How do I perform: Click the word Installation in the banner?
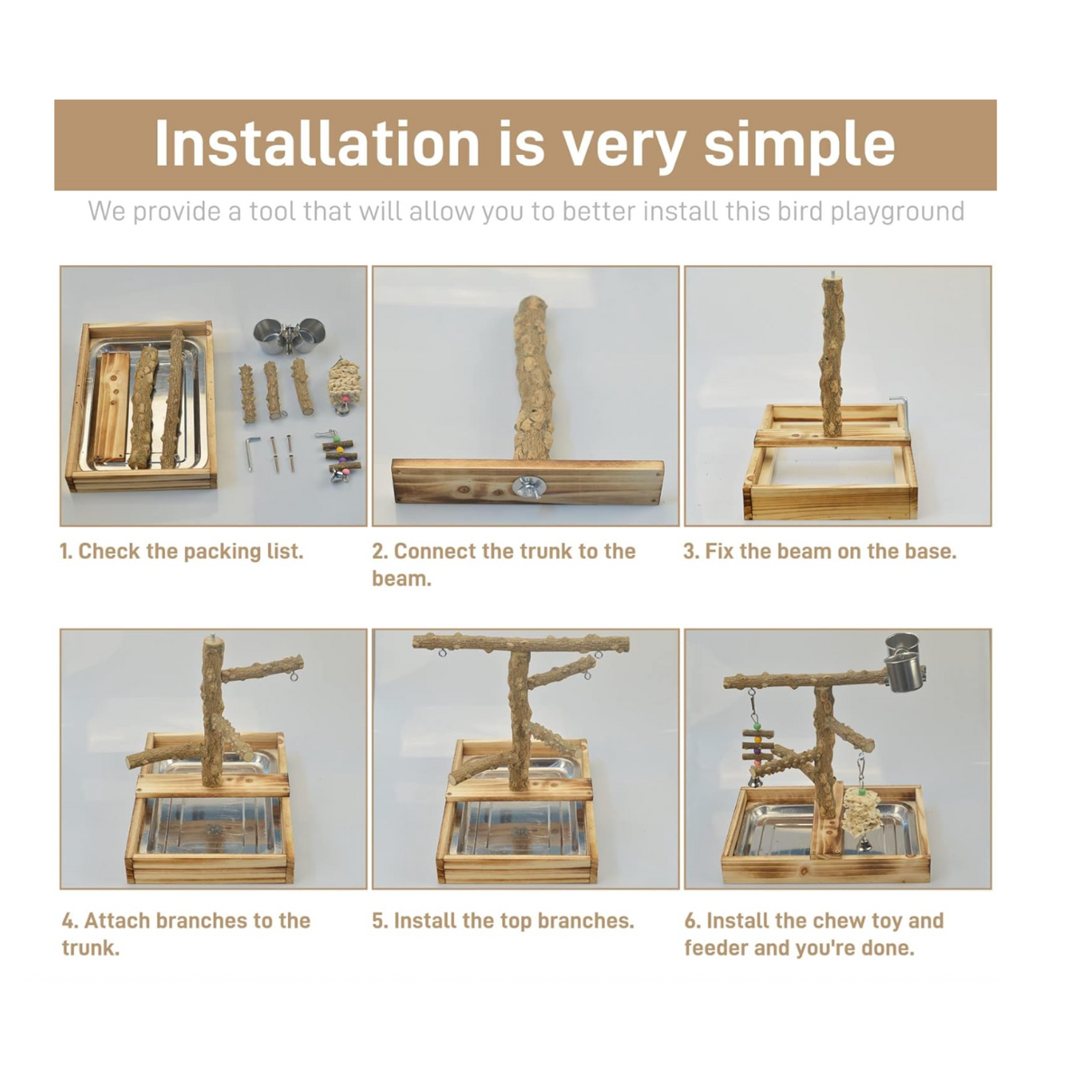316,143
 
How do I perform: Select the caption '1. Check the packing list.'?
181,552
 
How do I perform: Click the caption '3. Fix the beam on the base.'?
820,552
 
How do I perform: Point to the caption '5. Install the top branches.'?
503,920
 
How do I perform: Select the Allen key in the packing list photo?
252,453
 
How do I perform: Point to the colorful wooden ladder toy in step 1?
337,456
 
